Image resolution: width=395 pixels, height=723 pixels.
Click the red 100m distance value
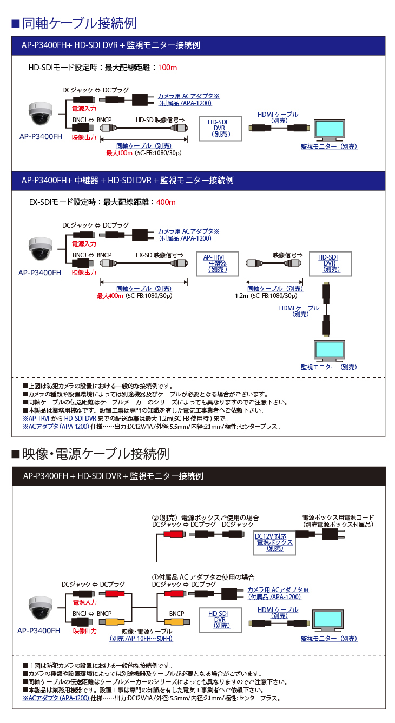tap(167, 68)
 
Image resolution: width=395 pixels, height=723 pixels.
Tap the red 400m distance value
tap(166, 202)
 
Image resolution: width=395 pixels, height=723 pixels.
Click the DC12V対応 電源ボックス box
tap(274, 542)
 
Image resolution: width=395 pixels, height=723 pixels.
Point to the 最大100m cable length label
tap(119, 153)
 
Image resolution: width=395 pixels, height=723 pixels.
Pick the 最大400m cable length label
tap(110, 296)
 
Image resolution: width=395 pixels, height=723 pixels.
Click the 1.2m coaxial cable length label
tap(241, 296)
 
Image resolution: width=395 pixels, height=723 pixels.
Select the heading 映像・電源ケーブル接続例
tap(95, 453)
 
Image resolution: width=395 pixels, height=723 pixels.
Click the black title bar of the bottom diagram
tap(198, 476)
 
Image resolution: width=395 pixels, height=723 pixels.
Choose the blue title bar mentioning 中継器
tap(198, 180)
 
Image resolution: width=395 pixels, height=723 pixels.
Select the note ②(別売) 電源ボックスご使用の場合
tap(205, 518)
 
